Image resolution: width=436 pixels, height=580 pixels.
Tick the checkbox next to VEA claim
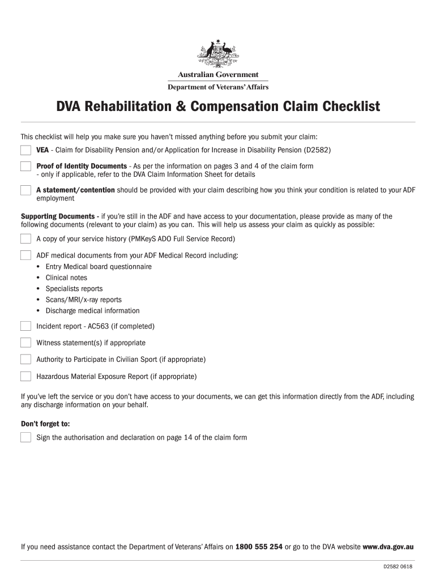pos(25,150)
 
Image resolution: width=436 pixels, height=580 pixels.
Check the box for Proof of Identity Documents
pos(25,166)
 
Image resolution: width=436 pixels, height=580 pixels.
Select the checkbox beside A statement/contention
pos(25,190)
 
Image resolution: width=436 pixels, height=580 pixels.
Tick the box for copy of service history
pos(25,238)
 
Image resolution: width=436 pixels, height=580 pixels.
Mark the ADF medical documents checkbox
pos(25,255)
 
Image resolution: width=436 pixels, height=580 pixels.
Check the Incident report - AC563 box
pos(25,326)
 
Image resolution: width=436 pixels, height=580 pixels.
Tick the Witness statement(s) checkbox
pos(25,342)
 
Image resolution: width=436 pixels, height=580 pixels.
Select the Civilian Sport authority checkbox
pos(25,359)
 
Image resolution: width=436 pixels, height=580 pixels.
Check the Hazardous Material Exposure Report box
pos(25,376)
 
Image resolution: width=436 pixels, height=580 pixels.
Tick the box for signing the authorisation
pos(25,437)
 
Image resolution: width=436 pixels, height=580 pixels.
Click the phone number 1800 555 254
pos(259,547)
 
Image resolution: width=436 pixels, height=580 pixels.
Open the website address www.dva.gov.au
pos(388,547)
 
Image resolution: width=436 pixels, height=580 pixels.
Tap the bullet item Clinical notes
pos(66,278)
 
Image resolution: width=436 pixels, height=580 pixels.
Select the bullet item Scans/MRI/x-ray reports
pos(83,300)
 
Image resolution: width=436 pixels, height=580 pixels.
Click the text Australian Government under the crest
pos(218,75)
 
